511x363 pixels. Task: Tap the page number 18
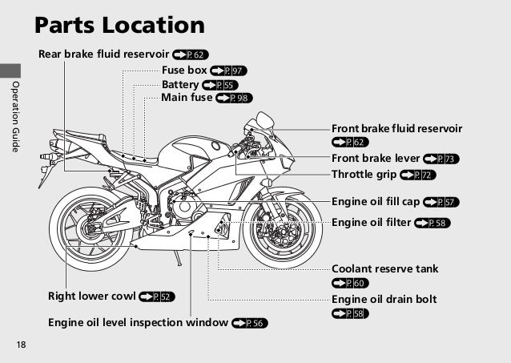pyautogui.click(x=21, y=345)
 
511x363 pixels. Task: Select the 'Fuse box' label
pyautogui.click(x=184, y=71)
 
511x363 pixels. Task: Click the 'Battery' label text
pyautogui.click(x=180, y=84)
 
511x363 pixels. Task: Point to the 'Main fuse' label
pyautogui.click(x=187, y=98)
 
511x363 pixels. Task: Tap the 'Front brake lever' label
pyautogui.click(x=376, y=159)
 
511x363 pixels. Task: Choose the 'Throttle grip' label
pyautogui.click(x=364, y=175)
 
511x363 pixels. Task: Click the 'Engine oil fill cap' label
pyautogui.click(x=376, y=201)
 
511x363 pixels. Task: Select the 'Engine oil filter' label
pyautogui.click(x=372, y=222)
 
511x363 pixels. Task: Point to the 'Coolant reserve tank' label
pyautogui.click(x=384, y=268)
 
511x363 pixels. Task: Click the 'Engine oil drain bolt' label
pyautogui.click(x=384, y=299)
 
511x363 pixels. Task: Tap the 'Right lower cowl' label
pyautogui.click(x=91, y=296)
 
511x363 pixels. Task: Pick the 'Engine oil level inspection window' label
pyautogui.click(x=138, y=323)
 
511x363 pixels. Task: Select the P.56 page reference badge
pyautogui.click(x=250, y=323)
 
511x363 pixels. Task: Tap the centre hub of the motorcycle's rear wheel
pyautogui.click(x=87, y=229)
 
